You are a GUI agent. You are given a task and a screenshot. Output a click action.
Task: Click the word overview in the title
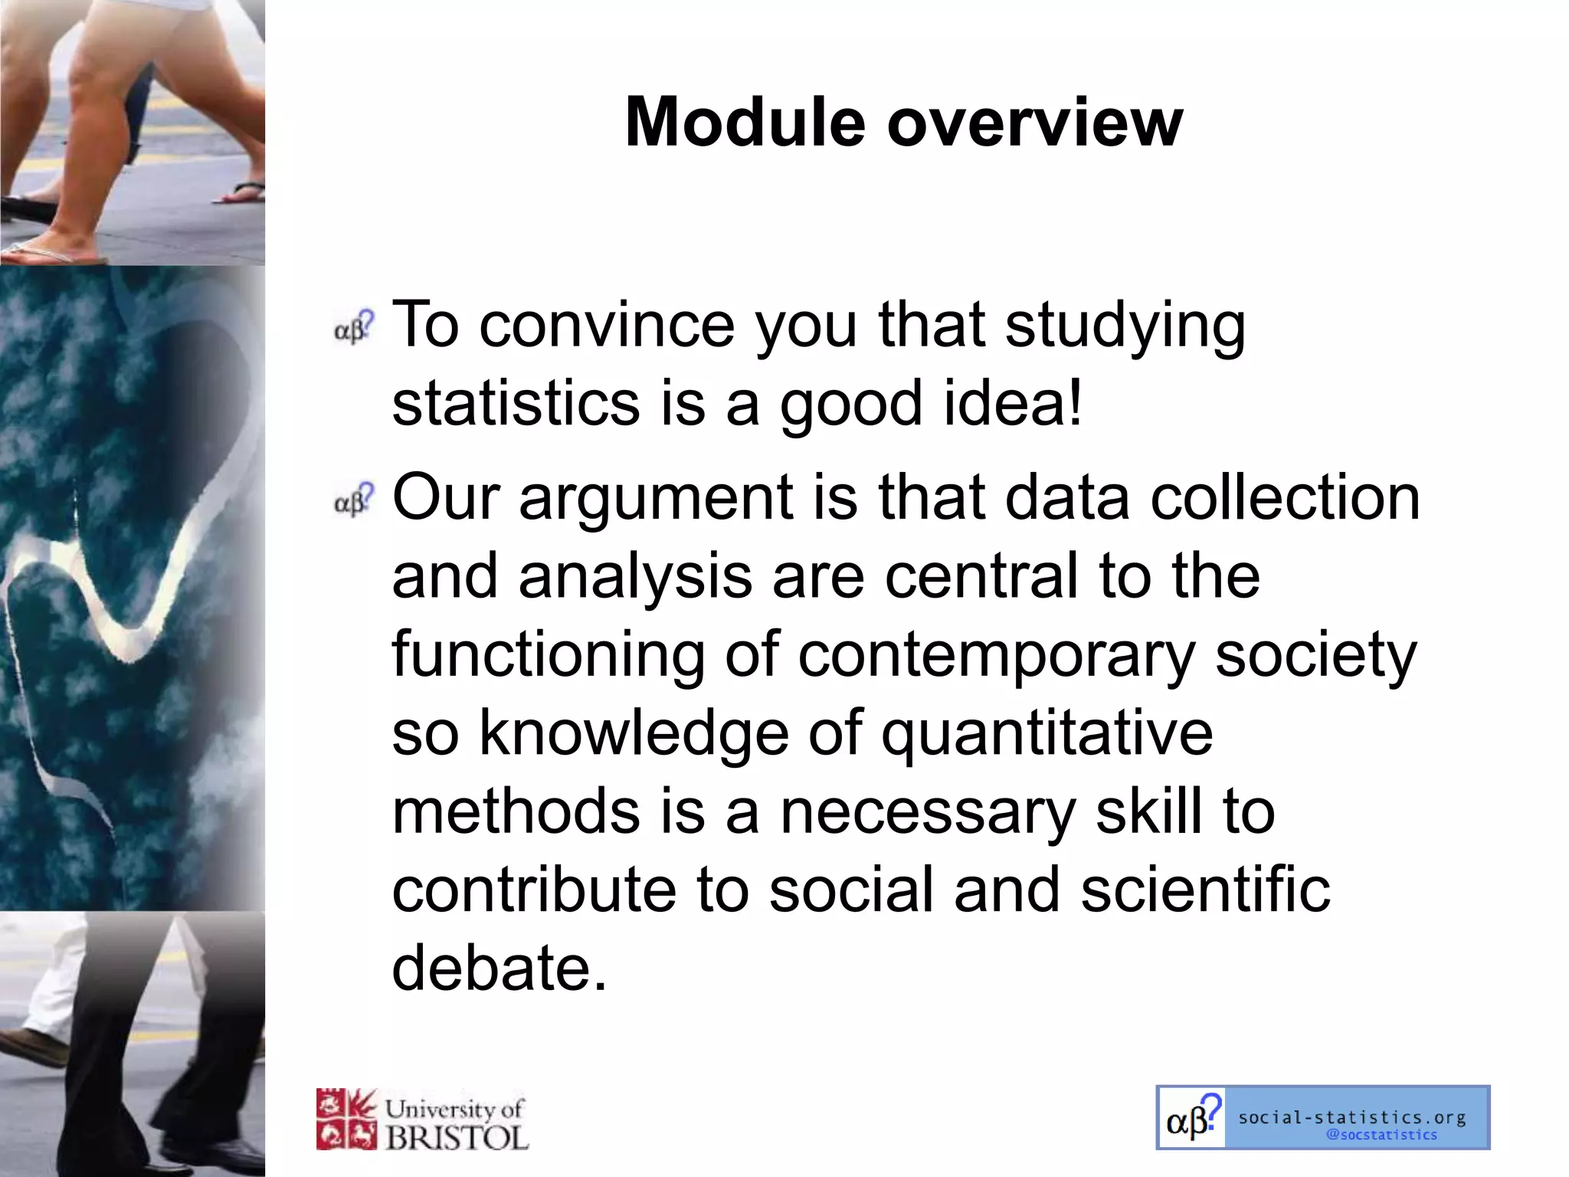click(1035, 123)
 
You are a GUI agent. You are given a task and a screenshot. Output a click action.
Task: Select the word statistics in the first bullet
click(516, 404)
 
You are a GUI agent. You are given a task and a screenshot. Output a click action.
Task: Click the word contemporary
click(996, 656)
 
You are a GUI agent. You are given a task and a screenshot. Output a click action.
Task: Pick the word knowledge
click(634, 734)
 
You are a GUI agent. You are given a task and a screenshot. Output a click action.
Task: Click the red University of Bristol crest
click(347, 1120)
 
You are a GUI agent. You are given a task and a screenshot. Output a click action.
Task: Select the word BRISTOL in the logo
click(457, 1137)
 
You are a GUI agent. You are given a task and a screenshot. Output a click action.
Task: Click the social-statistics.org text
click(1352, 1118)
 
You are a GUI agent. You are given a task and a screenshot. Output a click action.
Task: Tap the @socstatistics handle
click(1381, 1136)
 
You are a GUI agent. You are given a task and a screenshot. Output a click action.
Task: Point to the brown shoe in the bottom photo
click(34, 1047)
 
